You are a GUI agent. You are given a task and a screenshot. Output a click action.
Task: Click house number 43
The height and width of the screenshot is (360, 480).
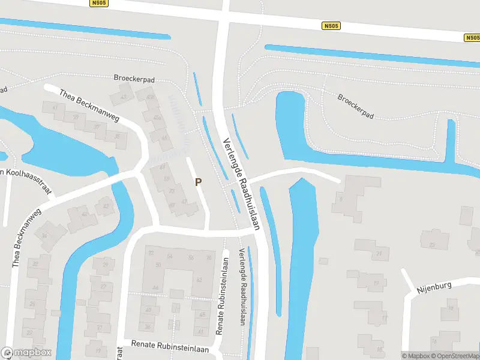coord(124,97)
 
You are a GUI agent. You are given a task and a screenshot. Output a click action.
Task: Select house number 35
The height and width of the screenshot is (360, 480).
coord(118,137)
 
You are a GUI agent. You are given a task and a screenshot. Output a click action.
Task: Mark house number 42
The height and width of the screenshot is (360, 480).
coord(107,206)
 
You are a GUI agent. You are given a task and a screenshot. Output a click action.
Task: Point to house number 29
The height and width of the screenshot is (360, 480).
coord(106,265)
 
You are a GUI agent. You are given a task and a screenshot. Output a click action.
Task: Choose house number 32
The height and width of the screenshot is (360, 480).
coord(35,263)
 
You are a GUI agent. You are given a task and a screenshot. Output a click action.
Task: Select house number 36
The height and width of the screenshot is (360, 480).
coord(148,326)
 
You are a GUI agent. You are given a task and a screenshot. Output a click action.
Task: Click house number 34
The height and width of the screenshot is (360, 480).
coord(44,236)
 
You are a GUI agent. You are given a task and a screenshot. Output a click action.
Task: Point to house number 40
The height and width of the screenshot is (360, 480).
coord(85,214)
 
